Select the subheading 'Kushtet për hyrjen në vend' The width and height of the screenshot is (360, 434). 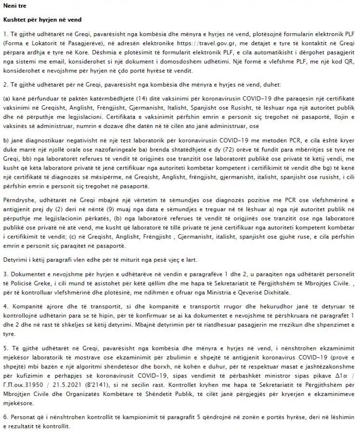pos(37,20)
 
